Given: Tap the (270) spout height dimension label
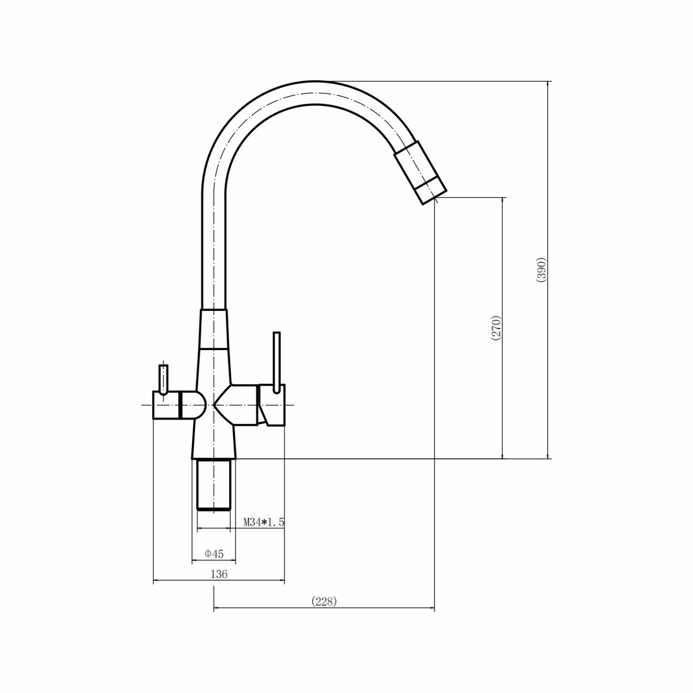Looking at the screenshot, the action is [496, 328].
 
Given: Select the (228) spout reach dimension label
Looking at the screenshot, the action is [324, 601].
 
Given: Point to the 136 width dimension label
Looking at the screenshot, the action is [219, 574].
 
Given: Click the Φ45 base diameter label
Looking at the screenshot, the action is [214, 553].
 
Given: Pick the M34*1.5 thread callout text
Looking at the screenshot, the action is [264, 523].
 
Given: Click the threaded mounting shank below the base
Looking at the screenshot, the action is [213, 485].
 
